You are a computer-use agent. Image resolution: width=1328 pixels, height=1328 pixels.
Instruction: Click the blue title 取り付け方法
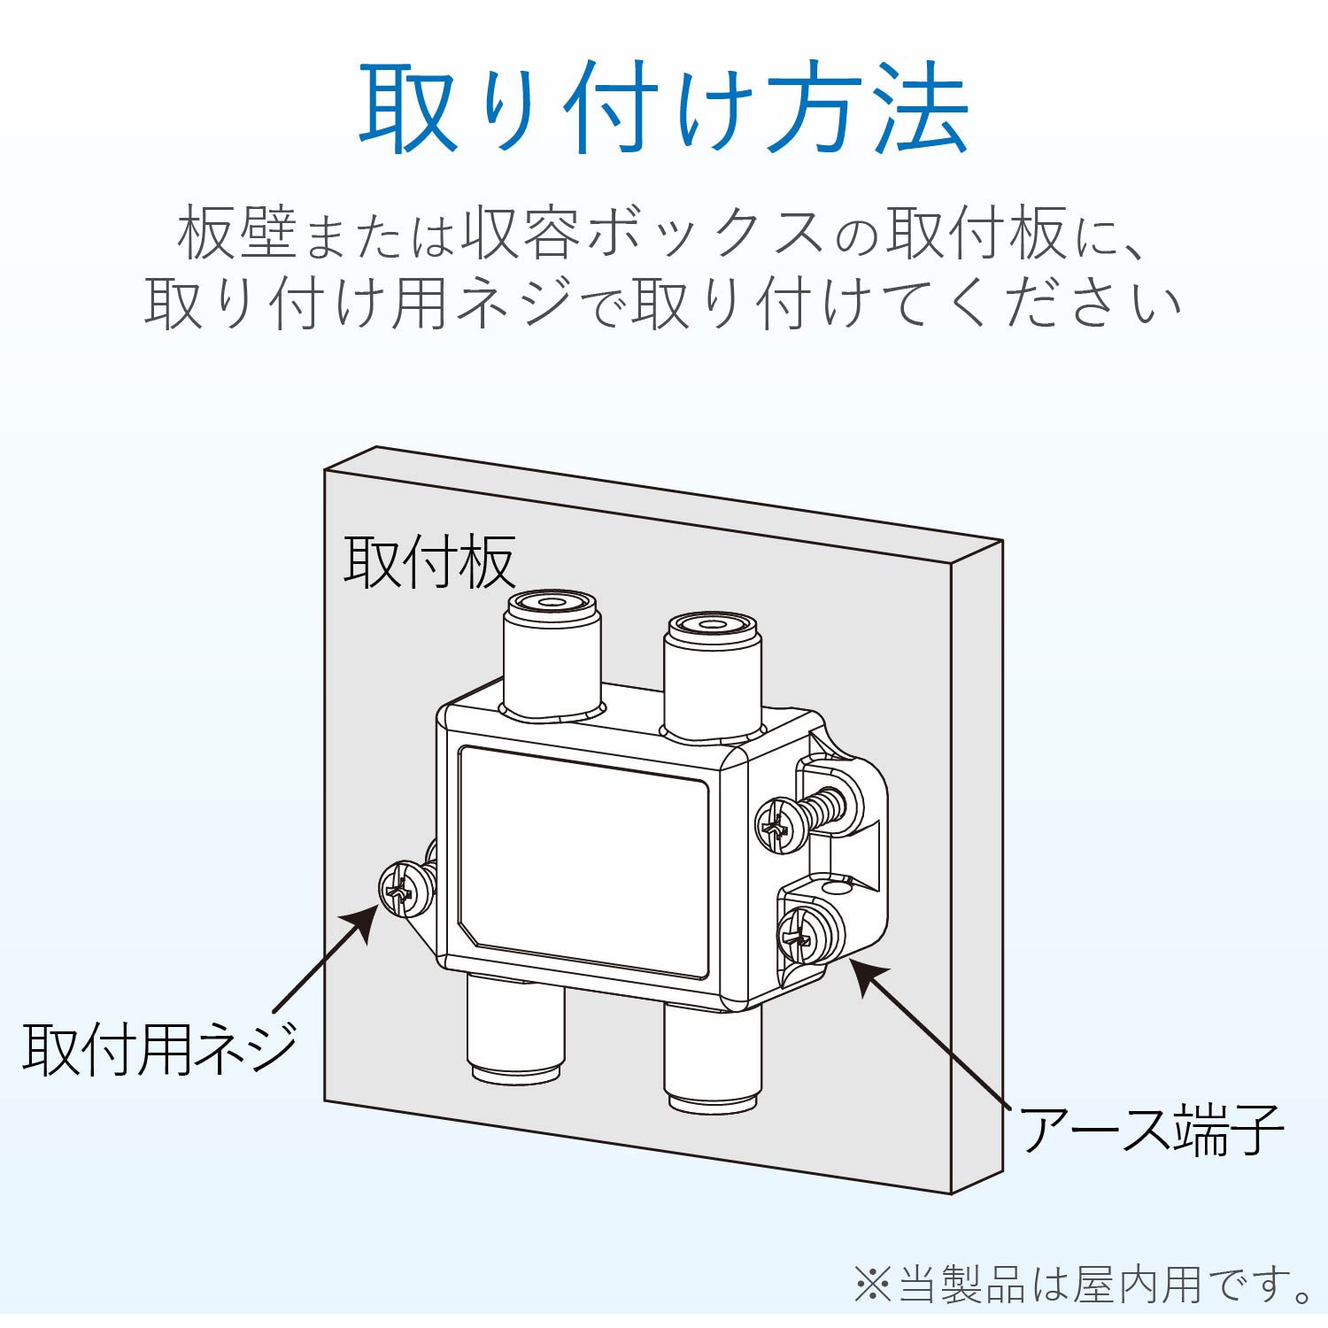[x=664, y=111]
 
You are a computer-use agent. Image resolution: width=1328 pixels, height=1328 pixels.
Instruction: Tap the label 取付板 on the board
[x=429, y=561]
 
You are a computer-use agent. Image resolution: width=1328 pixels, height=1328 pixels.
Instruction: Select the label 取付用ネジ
[x=159, y=1049]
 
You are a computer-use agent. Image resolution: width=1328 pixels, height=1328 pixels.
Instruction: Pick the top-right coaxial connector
[x=713, y=668]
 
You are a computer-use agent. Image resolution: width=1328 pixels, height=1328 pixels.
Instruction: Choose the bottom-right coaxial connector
[x=713, y=1058]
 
